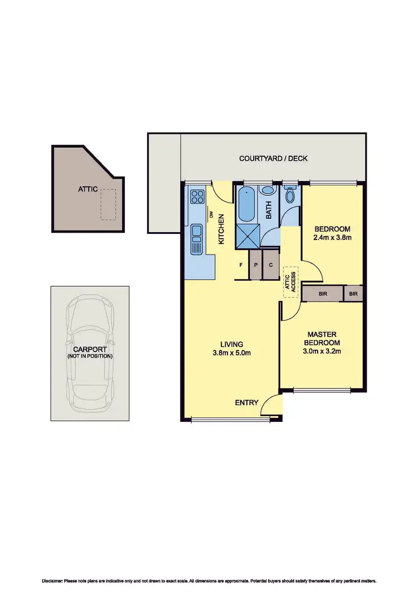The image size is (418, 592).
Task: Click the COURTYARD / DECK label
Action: pyautogui.click(x=273, y=158)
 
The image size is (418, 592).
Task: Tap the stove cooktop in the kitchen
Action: pyautogui.click(x=197, y=197)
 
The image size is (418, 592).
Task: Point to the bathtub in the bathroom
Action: pyautogui.click(x=247, y=205)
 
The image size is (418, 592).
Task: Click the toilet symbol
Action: pyautogui.click(x=290, y=195)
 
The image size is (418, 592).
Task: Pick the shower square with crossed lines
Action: pyautogui.click(x=246, y=235)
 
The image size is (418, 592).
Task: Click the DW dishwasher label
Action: pyautogui.click(x=211, y=215)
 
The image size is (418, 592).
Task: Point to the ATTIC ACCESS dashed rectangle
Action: pyautogui.click(x=291, y=282)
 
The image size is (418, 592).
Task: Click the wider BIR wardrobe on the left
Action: pyautogui.click(x=323, y=293)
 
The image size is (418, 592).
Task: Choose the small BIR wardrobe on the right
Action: pyautogui.click(x=353, y=293)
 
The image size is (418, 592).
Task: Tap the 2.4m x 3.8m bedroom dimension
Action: pyautogui.click(x=332, y=237)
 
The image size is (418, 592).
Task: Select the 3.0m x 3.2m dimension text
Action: pyautogui.click(x=322, y=351)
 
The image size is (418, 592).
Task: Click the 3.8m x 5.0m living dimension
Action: pyautogui.click(x=231, y=353)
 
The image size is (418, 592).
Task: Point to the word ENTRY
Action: pyautogui.click(x=246, y=402)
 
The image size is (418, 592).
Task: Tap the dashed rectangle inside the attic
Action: pyautogui.click(x=108, y=204)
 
